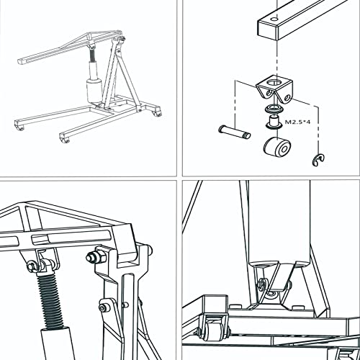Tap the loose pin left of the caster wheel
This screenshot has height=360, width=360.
[233, 132]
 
